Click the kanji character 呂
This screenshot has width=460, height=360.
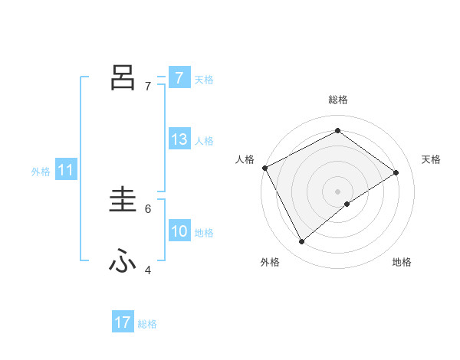click(x=123, y=77)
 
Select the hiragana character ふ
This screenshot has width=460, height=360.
click(x=123, y=261)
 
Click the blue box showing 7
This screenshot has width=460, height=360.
click(x=179, y=77)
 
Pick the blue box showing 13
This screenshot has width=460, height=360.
click(x=179, y=139)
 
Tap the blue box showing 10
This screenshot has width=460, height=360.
click(x=179, y=231)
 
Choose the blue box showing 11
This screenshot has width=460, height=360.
click(x=65, y=170)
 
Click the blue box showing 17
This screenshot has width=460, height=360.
click(x=123, y=322)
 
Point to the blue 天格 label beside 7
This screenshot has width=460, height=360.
click(x=203, y=79)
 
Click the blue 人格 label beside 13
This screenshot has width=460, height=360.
click(x=203, y=141)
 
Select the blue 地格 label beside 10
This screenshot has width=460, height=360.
click(x=203, y=233)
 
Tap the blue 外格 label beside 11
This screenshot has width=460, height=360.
click(x=41, y=172)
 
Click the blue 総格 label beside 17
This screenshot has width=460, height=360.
click(x=147, y=324)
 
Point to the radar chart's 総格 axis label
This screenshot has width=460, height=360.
click(x=337, y=100)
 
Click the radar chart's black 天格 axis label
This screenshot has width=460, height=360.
click(x=431, y=159)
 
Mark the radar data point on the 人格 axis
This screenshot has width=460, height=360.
click(x=264, y=168)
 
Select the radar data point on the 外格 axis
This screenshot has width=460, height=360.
click(x=302, y=241)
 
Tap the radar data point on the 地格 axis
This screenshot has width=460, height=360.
click(x=347, y=204)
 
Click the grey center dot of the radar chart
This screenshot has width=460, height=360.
click(x=337, y=191)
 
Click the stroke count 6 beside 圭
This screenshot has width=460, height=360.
click(x=148, y=208)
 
